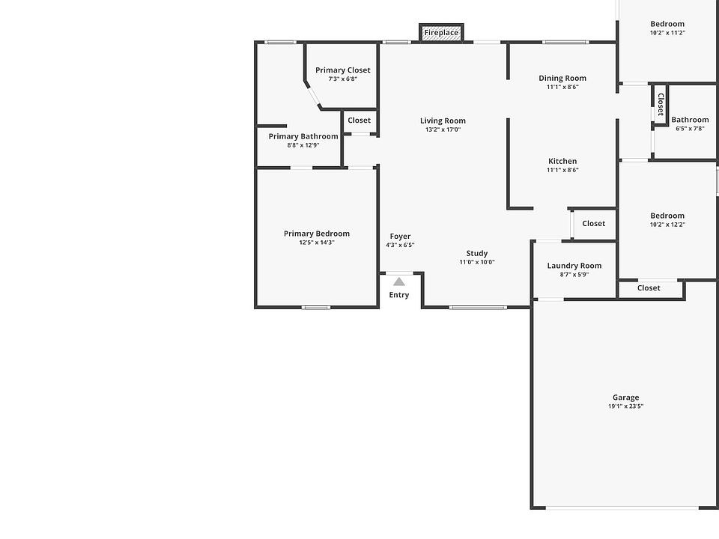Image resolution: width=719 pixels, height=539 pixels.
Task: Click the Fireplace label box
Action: pyautogui.click(x=441, y=32)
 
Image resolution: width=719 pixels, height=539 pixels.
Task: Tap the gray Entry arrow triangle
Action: pyautogui.click(x=399, y=281)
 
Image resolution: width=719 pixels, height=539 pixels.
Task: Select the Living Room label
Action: pyautogui.click(x=443, y=121)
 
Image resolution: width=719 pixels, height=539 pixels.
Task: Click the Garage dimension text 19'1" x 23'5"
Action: pyautogui.click(x=626, y=406)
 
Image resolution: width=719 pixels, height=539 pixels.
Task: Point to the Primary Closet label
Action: pyautogui.click(x=342, y=70)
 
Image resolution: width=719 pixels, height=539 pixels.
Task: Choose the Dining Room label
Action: pyautogui.click(x=562, y=78)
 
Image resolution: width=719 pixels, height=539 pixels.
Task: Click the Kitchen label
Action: pyautogui.click(x=562, y=161)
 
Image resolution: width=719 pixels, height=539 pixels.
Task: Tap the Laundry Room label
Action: pyautogui.click(x=574, y=266)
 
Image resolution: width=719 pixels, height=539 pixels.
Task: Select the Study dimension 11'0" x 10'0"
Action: pyautogui.click(x=477, y=262)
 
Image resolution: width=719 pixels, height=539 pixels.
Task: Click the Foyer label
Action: pyautogui.click(x=400, y=237)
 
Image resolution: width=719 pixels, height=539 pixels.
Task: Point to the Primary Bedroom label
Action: pyautogui.click(x=317, y=234)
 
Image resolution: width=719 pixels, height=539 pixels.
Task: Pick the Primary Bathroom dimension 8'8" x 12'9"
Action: pyautogui.click(x=303, y=145)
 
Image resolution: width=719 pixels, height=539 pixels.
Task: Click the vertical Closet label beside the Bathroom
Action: pyautogui.click(x=661, y=104)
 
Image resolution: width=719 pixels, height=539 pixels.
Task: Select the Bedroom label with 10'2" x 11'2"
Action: pyautogui.click(x=667, y=24)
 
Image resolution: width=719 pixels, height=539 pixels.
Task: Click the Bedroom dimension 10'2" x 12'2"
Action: pyautogui.click(x=667, y=225)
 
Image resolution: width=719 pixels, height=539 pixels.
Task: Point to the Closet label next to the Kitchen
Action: pyautogui.click(x=594, y=223)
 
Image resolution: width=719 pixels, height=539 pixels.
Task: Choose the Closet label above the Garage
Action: pyautogui.click(x=649, y=287)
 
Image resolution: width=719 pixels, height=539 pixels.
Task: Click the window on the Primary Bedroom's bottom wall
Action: pyautogui.click(x=316, y=307)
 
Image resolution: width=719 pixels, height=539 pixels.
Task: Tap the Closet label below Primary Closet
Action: pyautogui.click(x=359, y=120)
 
